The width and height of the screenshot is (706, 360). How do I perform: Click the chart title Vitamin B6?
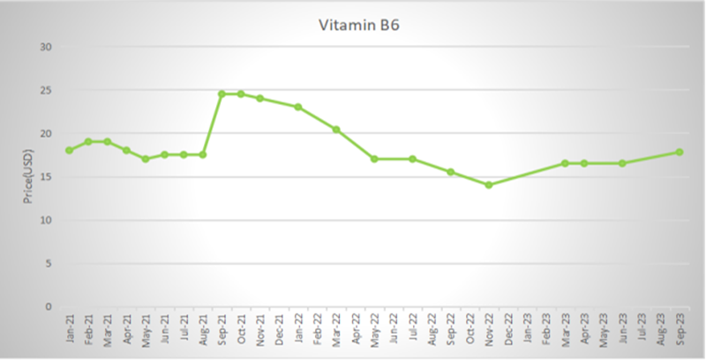click(352, 26)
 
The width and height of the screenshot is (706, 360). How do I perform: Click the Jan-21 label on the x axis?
click(69, 331)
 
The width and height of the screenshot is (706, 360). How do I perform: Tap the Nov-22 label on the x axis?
click(488, 331)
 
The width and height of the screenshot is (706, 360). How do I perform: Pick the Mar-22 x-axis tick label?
click(336, 331)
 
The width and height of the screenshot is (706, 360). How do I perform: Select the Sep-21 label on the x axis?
click(222, 331)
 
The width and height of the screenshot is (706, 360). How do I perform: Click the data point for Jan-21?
click(69, 151)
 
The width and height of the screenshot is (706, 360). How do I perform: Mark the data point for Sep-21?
click(222, 94)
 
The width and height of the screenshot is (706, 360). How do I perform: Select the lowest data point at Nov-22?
click(488, 185)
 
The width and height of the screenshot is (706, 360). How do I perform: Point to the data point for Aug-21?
click(202, 154)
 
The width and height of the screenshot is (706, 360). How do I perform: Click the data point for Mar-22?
click(336, 130)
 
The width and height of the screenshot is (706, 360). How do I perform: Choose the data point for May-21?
click(145, 159)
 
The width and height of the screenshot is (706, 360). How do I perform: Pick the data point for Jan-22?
click(298, 107)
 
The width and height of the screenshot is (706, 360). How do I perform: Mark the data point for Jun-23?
click(622, 163)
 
